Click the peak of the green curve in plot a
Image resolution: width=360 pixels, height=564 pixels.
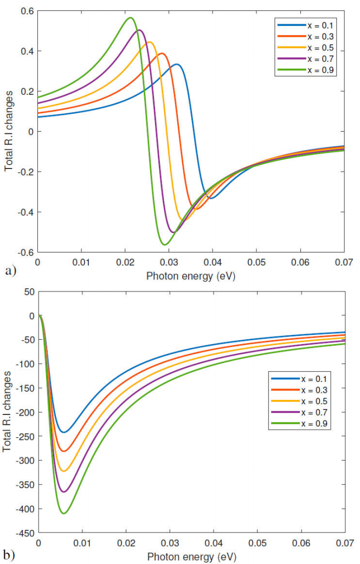(130, 18)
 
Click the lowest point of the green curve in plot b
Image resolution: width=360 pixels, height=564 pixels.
(63, 513)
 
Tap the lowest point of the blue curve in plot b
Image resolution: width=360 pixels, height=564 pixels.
(63, 432)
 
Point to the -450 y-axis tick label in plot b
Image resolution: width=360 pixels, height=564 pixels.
(23, 534)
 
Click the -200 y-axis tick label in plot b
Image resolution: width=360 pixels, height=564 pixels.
(23, 413)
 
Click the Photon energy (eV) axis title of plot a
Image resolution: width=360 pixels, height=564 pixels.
(191, 276)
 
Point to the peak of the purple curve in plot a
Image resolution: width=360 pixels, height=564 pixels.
(139, 30)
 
